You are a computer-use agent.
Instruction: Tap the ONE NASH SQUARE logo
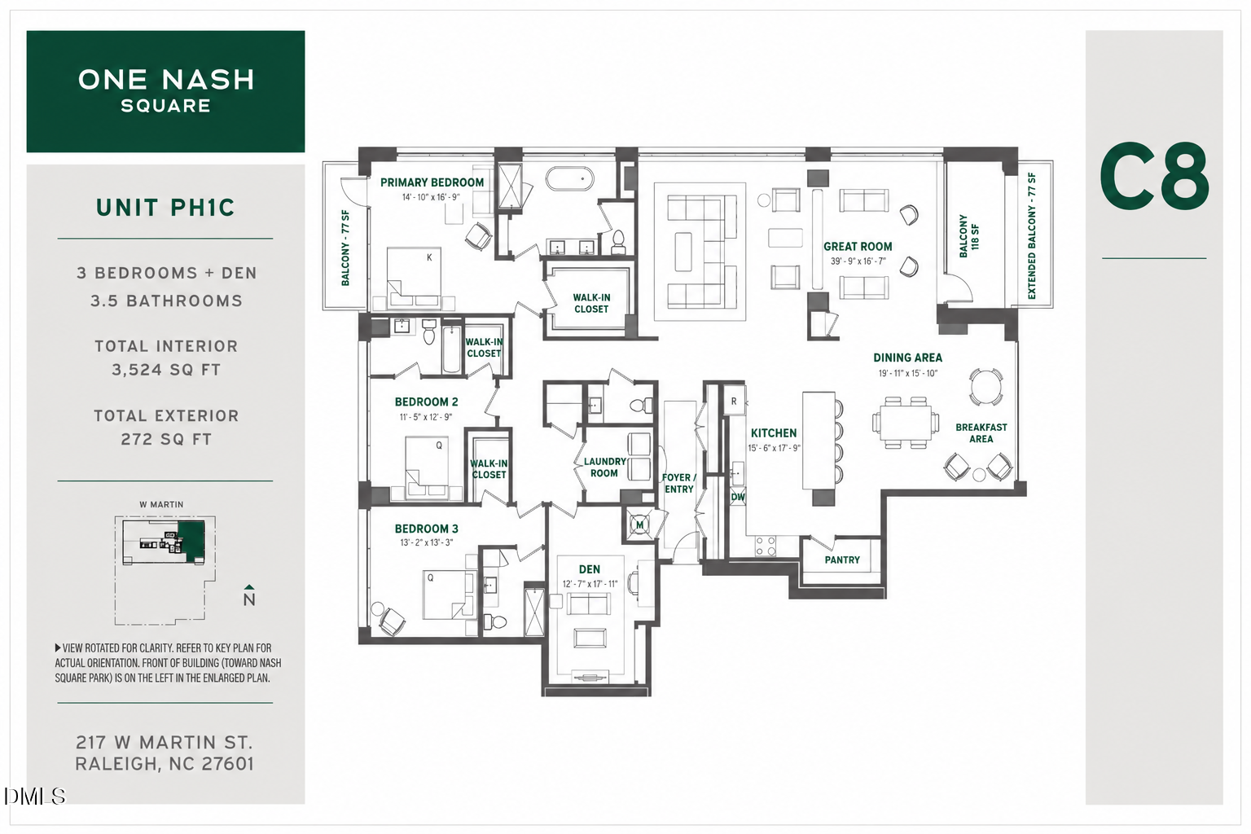[166, 91]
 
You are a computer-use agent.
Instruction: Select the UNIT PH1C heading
[165, 208]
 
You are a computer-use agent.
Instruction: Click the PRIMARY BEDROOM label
[432, 182]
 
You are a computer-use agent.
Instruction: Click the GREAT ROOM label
[858, 246]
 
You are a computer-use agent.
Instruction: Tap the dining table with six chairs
[902, 423]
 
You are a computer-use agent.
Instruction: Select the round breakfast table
[986, 386]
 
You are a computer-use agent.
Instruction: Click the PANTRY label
[842, 560]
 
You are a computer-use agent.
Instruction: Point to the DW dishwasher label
[738, 497]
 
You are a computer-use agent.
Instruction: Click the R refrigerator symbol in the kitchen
[734, 402]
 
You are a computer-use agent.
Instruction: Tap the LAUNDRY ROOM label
[604, 467]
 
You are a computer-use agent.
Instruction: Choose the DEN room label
[589, 569]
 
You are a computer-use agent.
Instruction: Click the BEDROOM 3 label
[426, 529]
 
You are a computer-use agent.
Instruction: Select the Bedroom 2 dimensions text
[426, 417]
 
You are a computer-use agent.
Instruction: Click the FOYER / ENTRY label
[679, 483]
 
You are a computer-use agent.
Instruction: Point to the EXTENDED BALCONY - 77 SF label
[1031, 235]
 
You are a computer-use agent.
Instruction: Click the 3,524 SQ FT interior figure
[166, 370]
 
